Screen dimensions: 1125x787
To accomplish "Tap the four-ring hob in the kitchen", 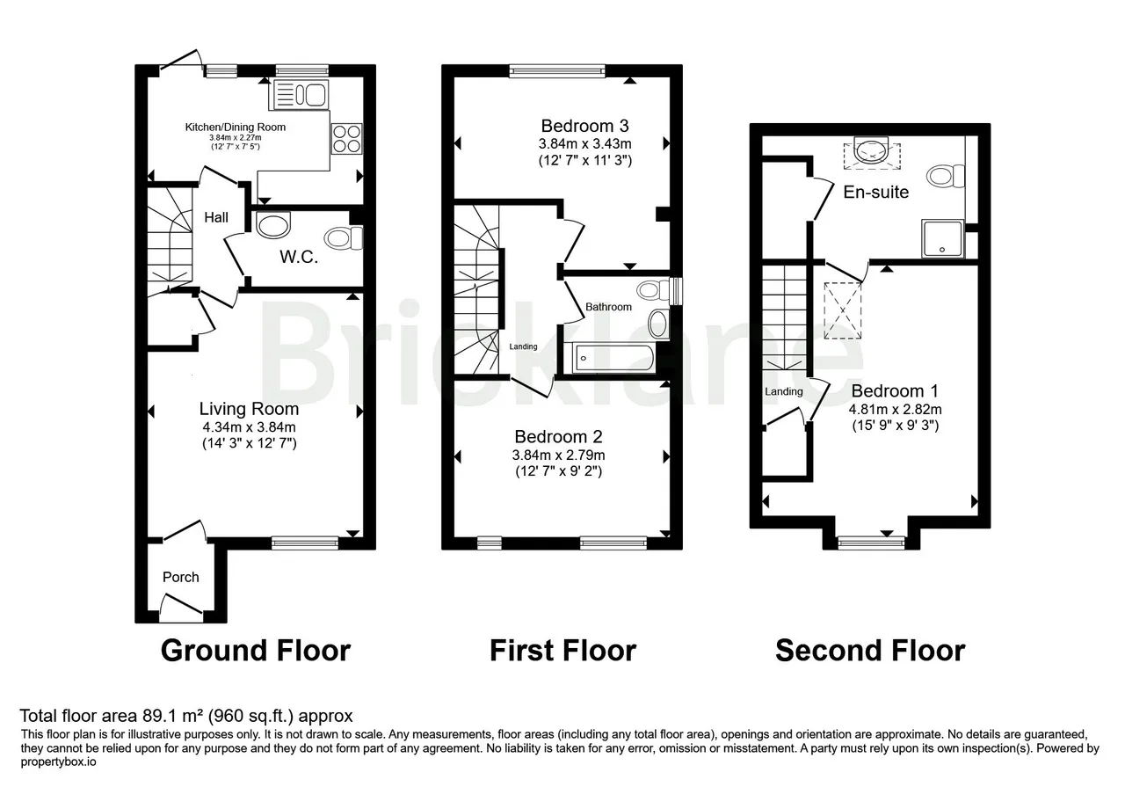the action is [346, 139].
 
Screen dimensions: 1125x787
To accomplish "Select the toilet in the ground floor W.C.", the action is [344, 237].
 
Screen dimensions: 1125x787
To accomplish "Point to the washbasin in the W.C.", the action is [272, 224].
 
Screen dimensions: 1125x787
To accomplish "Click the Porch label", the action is [181, 577].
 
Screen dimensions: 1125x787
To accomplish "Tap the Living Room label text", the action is [249, 409].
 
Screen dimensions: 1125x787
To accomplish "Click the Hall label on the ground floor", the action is [216, 217].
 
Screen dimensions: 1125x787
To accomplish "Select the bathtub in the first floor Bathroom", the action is [613, 358].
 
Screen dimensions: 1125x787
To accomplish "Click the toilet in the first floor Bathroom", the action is [653, 290].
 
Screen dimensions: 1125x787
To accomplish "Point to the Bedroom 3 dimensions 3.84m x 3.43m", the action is [585, 144].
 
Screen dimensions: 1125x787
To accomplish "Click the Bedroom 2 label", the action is [558, 436].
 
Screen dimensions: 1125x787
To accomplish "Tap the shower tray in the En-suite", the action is [943, 238].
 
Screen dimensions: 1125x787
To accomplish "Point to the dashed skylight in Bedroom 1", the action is [843, 310].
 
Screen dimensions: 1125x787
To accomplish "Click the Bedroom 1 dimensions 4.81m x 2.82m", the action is [895, 410].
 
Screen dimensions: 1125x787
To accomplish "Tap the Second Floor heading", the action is [870, 651].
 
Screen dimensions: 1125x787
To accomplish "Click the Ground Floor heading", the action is [256, 651].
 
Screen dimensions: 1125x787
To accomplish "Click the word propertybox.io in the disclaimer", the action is [58, 761].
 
